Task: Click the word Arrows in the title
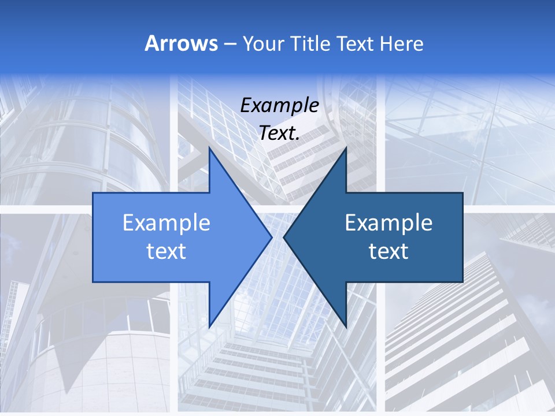[x=182, y=43]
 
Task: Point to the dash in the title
[x=230, y=44]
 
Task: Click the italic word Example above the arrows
[x=279, y=105]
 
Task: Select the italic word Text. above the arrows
[x=279, y=133]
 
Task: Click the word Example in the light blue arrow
[x=166, y=223]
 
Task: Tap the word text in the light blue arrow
[x=166, y=251]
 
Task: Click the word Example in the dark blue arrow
[x=388, y=223]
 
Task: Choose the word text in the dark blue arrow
[x=388, y=251]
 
